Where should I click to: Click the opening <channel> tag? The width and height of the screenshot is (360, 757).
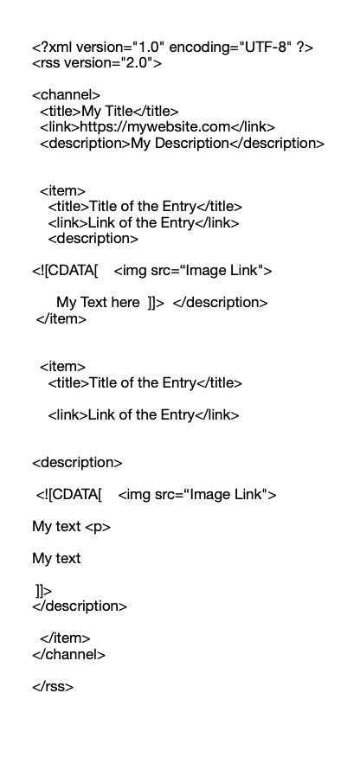pyautogui.click(x=66, y=95)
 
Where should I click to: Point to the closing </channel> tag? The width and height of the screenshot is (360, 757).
pyautogui.click(x=68, y=655)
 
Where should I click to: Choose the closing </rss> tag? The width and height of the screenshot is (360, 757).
pyautogui.click(x=53, y=687)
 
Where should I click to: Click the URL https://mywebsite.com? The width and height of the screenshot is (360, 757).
pyautogui.click(x=155, y=127)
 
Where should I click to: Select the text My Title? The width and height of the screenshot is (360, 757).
pyautogui.click(x=106, y=112)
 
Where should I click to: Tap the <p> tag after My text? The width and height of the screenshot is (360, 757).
pyautogui.click(x=98, y=527)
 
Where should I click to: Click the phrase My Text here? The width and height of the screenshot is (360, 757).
pyautogui.click(x=98, y=303)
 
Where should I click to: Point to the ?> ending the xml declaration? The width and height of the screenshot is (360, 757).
pyautogui.click(x=305, y=48)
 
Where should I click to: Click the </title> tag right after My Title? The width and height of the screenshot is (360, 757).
pyautogui.click(x=156, y=112)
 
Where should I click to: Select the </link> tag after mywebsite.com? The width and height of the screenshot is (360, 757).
pyautogui.click(x=253, y=127)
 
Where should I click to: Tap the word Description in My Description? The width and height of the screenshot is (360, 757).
pyautogui.click(x=192, y=144)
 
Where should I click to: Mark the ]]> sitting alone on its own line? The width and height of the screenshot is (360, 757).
pyautogui.click(x=43, y=591)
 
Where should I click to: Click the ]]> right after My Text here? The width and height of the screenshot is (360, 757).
pyautogui.click(x=156, y=303)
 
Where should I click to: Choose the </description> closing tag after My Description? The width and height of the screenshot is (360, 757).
pyautogui.click(x=277, y=144)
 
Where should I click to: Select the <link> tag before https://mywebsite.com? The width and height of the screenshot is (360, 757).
pyautogui.click(x=60, y=127)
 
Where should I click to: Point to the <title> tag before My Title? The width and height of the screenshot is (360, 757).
pyautogui.click(x=61, y=112)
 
